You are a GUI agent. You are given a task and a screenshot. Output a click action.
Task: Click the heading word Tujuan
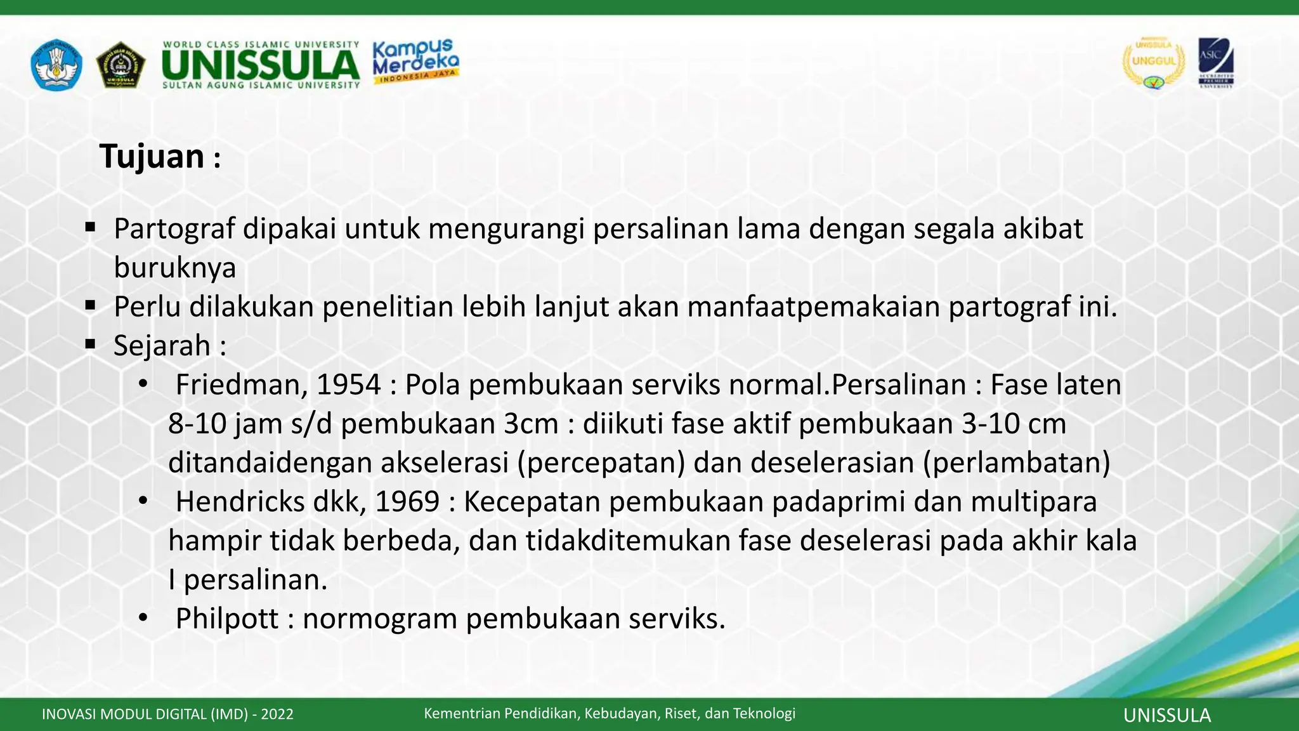point(152,157)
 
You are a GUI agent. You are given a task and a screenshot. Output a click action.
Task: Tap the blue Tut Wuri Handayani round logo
point(56,64)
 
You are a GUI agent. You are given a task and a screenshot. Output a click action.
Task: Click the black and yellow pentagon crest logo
point(121,65)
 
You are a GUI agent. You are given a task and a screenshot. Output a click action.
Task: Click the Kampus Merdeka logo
point(415,61)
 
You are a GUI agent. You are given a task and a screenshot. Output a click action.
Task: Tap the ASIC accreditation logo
point(1215,63)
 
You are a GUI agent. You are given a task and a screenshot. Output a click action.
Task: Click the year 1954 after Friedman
point(348,385)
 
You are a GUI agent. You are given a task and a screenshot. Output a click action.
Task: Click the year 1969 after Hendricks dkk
point(407,501)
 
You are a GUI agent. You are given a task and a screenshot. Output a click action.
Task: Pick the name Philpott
point(227,619)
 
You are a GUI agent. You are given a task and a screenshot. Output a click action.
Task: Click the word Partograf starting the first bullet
point(174,229)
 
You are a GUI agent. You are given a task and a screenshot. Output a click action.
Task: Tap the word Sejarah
point(162,346)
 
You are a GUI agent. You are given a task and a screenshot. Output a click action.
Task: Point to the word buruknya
point(175,268)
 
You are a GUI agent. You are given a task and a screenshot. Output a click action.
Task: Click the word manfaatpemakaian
point(813,307)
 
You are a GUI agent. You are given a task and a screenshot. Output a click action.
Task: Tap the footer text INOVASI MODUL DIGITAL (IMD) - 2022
point(167,715)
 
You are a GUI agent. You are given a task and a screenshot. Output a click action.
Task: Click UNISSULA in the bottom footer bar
point(1166,716)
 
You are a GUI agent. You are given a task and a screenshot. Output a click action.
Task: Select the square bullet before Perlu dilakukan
point(90,306)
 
